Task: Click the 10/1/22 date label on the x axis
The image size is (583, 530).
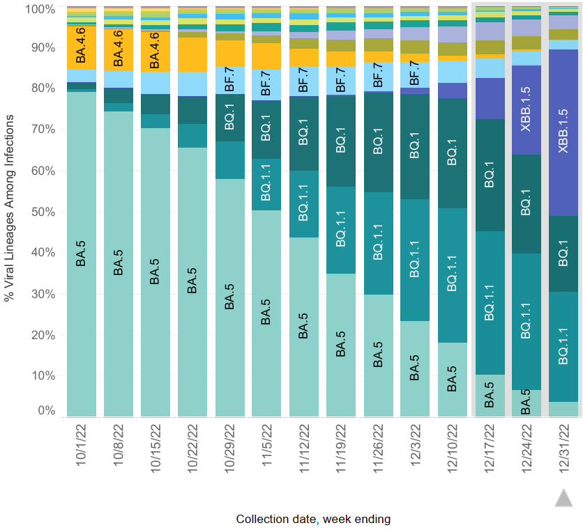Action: [x=80, y=446]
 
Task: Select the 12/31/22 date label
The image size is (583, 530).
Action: [x=564, y=446]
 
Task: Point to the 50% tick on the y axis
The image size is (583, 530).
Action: [x=45, y=212]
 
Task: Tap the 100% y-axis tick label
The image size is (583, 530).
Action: [x=40, y=9]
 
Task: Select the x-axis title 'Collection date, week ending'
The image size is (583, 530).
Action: [x=313, y=519]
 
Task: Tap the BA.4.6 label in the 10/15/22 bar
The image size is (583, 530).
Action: [x=155, y=49]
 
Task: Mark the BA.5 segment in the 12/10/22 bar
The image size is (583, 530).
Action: [x=451, y=380]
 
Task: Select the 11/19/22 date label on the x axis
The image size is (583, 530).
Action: [x=341, y=446]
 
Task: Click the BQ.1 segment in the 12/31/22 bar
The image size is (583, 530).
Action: [x=564, y=254]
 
